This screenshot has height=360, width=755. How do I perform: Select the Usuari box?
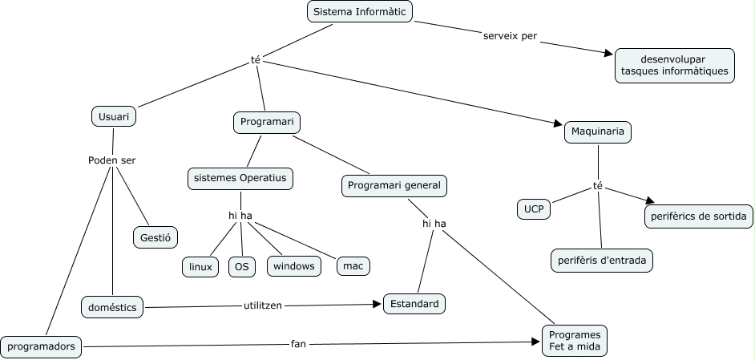click(x=113, y=116)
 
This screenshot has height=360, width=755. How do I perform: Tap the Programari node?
click(x=266, y=123)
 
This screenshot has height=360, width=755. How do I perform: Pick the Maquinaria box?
click(x=598, y=131)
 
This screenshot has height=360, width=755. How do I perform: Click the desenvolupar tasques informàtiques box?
click(x=674, y=65)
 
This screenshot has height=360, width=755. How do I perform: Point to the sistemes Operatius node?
click(x=240, y=178)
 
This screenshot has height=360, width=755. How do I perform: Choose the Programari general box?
click(x=394, y=185)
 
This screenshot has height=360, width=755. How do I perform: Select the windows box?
click(x=294, y=265)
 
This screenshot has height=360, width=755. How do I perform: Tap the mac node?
click(x=353, y=265)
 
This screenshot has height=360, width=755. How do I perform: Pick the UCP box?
click(x=534, y=209)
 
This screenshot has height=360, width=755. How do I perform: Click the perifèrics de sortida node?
click(x=698, y=216)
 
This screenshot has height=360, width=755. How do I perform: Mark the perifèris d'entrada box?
click(x=602, y=261)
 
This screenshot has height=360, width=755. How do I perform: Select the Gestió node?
click(x=155, y=237)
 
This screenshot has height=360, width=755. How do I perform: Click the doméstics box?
click(x=112, y=306)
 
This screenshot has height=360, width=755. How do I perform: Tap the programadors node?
click(x=42, y=346)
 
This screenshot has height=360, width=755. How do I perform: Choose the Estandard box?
click(x=414, y=304)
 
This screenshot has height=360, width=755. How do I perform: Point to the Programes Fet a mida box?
click(x=575, y=341)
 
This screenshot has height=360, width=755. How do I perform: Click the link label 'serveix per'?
click(x=510, y=36)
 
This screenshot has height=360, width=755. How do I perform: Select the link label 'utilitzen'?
click(x=263, y=305)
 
